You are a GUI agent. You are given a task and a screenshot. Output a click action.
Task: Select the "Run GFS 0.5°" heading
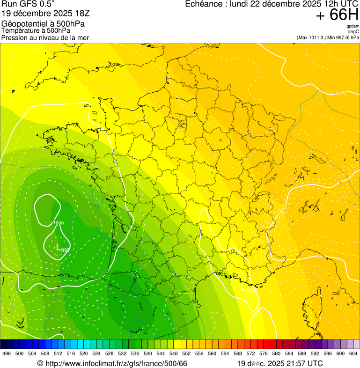(x=29, y=4)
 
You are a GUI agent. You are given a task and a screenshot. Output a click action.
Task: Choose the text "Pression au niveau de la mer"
(x=45, y=37)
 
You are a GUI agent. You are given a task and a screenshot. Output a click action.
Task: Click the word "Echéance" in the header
(x=203, y=4)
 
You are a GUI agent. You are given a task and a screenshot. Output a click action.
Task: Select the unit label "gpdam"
(x=353, y=27)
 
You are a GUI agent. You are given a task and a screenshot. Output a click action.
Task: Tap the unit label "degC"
(x=353, y=32)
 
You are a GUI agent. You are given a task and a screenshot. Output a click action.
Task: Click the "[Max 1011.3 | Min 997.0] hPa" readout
(x=328, y=37)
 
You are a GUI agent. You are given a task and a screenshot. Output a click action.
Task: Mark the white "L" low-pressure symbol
(x=58, y=247)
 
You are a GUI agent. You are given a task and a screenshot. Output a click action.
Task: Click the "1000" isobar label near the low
(x=59, y=223)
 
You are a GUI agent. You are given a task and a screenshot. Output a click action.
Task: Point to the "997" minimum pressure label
(x=66, y=250)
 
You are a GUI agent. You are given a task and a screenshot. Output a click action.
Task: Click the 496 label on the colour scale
(x=7, y=353)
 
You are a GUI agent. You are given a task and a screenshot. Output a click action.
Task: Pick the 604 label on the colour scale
(x=353, y=353)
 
